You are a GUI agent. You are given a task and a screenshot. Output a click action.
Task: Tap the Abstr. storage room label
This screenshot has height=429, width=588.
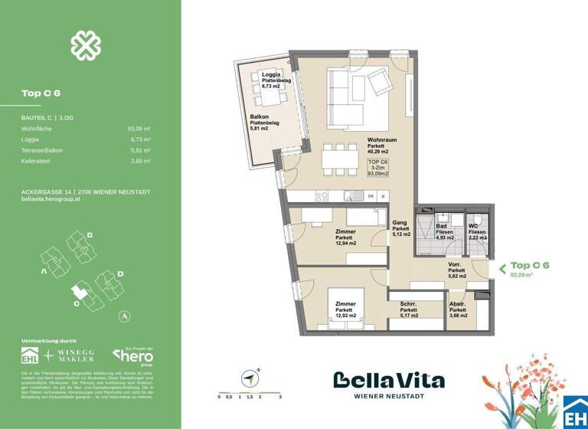tap(458, 304)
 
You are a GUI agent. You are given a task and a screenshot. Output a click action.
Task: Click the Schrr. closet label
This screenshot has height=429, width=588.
tap(408, 304)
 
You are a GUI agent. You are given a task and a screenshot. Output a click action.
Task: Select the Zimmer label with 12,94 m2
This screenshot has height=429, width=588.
tap(345, 231)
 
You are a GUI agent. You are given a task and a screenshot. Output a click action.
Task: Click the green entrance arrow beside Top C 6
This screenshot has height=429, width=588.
tap(502, 268)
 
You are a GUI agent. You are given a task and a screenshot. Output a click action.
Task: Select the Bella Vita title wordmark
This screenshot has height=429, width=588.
tap(388, 380)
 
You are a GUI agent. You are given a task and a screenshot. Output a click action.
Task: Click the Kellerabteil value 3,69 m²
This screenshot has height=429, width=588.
tap(139, 162)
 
